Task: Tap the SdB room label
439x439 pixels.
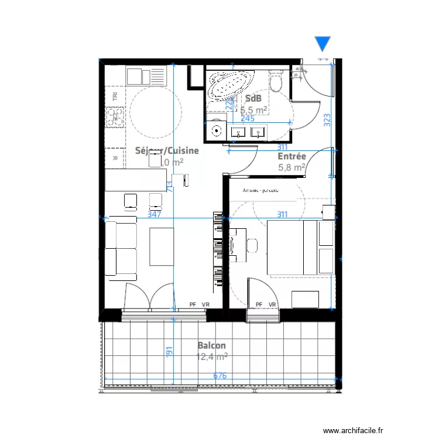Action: click(253, 98)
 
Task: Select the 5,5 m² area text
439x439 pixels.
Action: click(254, 109)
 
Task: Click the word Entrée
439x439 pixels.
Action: click(291, 157)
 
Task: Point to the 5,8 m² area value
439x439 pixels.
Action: click(291, 167)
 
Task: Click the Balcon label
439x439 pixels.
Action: click(211, 345)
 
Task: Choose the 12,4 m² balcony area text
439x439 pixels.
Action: click(212, 356)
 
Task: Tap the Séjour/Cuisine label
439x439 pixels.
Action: click(167, 150)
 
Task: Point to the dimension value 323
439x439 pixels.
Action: click(327, 119)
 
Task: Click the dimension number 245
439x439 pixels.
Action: click(248, 118)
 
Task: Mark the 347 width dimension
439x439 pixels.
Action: click(155, 214)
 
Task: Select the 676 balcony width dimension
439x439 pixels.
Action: click(220, 376)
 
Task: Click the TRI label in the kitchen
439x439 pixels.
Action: click(115, 97)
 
